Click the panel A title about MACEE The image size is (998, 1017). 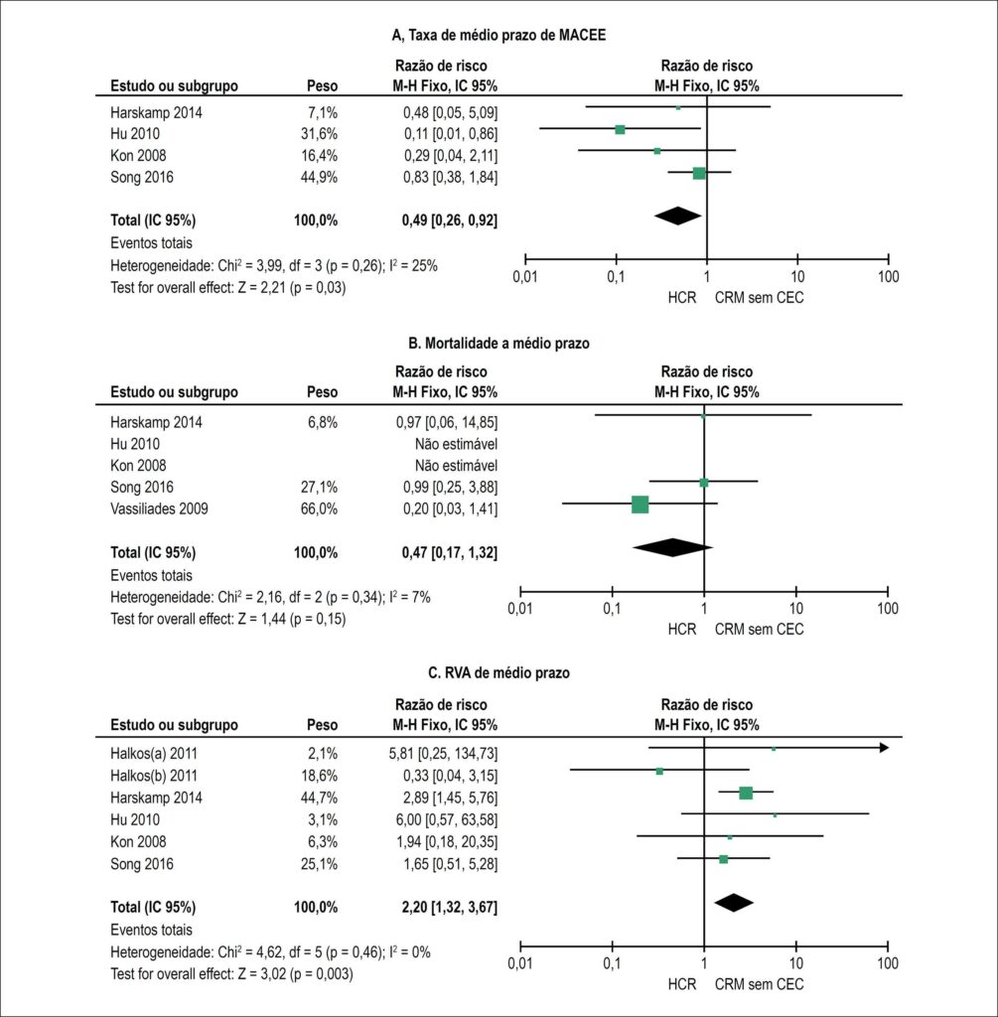click(x=499, y=35)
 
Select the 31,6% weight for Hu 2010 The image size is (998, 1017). click(x=319, y=134)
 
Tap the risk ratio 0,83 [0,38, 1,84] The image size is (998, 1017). click(x=450, y=177)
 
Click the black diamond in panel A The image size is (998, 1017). click(x=677, y=216)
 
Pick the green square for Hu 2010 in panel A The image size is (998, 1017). click(x=620, y=130)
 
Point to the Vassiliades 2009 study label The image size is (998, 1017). click(x=159, y=508)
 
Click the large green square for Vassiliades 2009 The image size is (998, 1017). click(x=641, y=504)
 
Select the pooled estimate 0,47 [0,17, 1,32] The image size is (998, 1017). click(x=450, y=552)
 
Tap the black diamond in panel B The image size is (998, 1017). click(x=672, y=547)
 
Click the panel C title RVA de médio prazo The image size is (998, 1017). click(x=499, y=672)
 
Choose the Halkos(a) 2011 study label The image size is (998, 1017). click(x=154, y=754)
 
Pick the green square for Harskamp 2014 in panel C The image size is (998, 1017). click(x=746, y=793)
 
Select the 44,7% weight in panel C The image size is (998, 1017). click(x=319, y=798)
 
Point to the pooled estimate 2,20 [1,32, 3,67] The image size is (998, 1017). click(x=450, y=908)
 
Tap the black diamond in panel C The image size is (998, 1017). click(x=734, y=903)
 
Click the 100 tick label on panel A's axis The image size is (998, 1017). click(x=889, y=277)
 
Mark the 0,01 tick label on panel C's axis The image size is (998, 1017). click(x=520, y=963)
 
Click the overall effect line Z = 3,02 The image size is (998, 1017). click(x=231, y=974)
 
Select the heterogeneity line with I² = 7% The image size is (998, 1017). click(x=270, y=597)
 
